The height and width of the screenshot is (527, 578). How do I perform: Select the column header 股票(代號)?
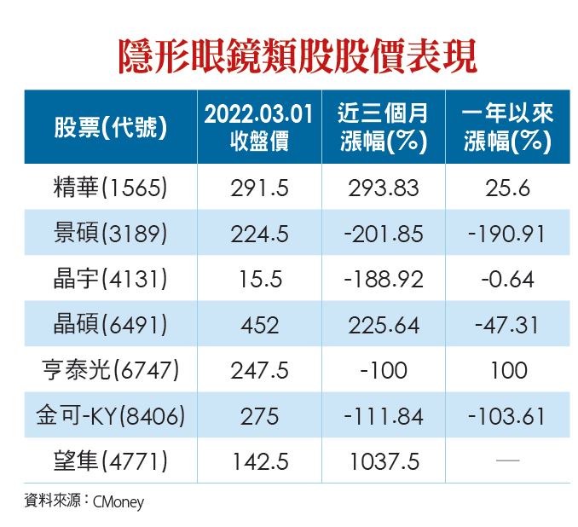(x=110, y=128)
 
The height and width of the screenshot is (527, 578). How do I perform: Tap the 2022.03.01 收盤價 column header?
(x=259, y=127)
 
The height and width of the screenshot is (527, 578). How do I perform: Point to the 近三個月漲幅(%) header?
(x=383, y=127)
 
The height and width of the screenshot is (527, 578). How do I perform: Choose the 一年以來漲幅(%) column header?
(x=508, y=127)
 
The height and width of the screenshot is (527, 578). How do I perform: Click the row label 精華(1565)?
(x=110, y=188)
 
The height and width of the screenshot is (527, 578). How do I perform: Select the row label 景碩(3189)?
(x=110, y=234)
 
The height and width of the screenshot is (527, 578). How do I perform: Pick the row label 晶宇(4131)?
(x=110, y=279)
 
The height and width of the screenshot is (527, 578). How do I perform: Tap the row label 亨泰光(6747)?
(x=110, y=371)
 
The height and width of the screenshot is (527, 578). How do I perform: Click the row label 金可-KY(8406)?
(x=110, y=416)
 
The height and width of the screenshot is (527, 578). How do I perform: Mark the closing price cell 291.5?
(x=259, y=188)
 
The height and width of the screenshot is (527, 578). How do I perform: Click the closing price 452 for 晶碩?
(x=259, y=325)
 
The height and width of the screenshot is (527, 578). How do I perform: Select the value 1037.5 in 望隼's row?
(x=383, y=462)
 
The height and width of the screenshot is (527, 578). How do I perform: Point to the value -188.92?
(x=383, y=279)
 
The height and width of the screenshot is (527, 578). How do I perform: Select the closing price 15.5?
(x=259, y=279)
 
